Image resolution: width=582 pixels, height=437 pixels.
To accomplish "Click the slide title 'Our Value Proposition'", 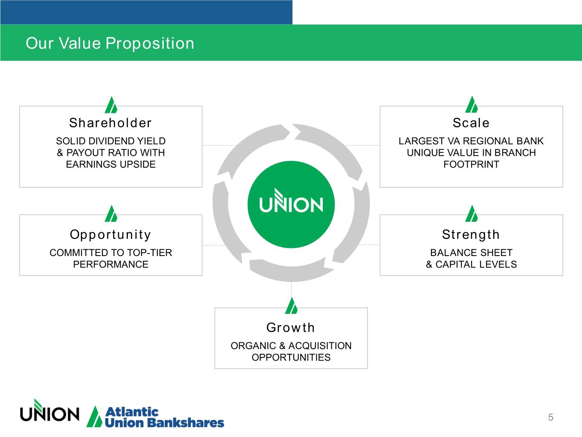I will tap(110, 43).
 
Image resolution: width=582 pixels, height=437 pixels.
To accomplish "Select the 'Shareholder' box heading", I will tap(110, 123).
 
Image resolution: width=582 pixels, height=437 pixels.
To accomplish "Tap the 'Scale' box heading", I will tap(471, 123).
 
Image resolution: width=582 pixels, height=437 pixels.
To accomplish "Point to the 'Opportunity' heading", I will tap(110, 234).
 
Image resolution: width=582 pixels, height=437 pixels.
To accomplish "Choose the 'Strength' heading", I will tap(471, 234).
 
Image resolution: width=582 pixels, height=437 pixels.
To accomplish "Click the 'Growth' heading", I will tap(291, 327).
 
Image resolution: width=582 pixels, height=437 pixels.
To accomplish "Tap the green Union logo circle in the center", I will tap(291, 204).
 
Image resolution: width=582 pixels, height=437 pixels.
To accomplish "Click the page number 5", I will tap(550, 417).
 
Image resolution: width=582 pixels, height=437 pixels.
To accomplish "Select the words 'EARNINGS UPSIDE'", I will tap(110, 164).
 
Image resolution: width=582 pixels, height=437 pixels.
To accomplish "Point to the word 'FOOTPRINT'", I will tap(471, 164).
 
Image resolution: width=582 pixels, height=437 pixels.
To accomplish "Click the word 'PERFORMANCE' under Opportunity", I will tap(110, 264).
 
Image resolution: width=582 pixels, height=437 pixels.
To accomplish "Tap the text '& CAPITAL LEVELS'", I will tap(471, 264).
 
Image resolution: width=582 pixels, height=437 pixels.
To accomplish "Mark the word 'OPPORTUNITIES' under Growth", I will tap(291, 357).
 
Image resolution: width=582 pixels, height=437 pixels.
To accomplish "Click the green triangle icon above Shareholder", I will tap(111, 105).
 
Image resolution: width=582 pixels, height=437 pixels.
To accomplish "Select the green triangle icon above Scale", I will tap(472, 105).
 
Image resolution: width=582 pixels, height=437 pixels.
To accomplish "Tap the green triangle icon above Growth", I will tap(291, 306).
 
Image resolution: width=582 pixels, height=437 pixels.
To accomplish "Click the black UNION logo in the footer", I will tap(49, 412).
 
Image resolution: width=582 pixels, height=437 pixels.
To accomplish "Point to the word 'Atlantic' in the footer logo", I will tap(131, 412).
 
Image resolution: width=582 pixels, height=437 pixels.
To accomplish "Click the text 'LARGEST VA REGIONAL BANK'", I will tap(471, 141).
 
